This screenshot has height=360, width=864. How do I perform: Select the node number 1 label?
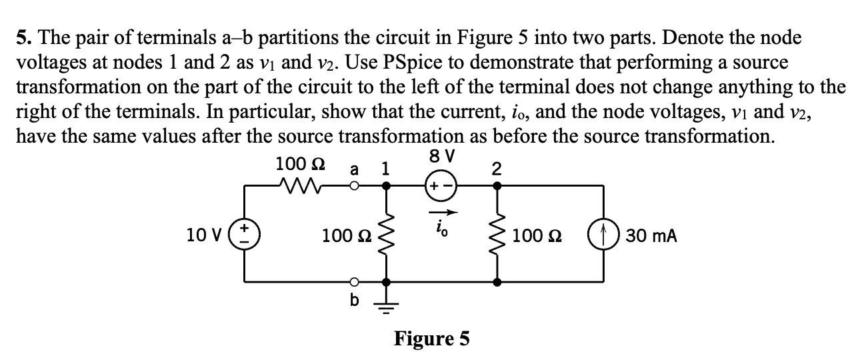click(385, 169)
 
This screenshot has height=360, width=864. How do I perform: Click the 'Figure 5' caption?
click(432, 339)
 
